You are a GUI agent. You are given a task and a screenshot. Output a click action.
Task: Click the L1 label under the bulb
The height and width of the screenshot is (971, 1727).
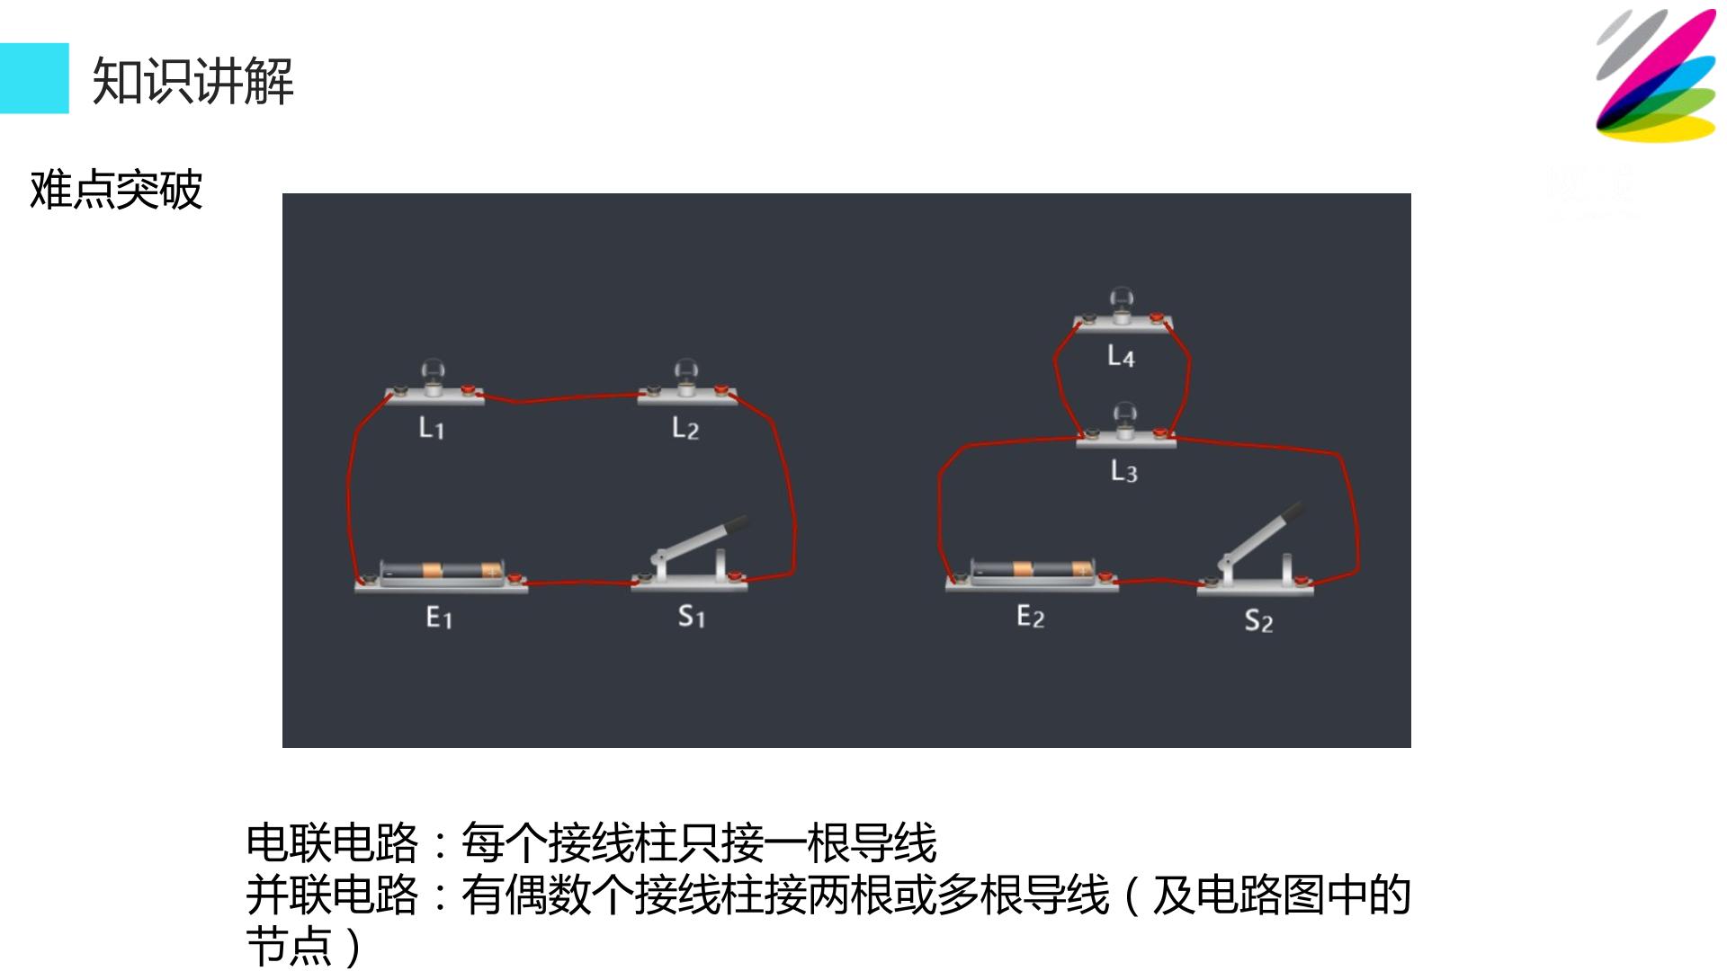432,428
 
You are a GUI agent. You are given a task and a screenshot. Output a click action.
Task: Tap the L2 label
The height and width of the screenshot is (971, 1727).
685,428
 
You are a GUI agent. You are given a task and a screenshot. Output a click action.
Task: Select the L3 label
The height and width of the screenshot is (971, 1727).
1124,471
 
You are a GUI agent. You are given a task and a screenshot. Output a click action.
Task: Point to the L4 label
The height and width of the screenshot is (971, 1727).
1121,356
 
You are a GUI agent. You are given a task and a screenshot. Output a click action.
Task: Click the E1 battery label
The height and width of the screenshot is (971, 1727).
439,617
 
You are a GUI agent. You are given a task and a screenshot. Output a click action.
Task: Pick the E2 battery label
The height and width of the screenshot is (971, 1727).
1031,616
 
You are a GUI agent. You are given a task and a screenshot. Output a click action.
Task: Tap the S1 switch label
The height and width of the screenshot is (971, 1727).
692,616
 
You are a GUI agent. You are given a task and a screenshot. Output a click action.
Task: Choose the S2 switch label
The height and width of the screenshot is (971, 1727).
1259,620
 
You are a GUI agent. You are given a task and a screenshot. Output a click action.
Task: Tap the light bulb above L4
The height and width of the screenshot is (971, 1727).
1122,303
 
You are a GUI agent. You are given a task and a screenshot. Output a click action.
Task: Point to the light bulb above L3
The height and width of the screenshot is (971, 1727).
1124,419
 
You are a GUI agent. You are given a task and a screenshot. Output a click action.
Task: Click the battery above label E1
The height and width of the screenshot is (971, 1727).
441,571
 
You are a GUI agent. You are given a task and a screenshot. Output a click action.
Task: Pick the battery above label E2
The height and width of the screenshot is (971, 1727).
1033,569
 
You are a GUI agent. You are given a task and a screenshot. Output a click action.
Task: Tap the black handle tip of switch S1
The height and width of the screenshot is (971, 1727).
735,522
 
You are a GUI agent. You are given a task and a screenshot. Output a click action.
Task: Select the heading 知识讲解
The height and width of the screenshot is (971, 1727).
193,81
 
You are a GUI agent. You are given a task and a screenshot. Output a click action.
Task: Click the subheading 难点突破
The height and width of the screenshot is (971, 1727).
116,190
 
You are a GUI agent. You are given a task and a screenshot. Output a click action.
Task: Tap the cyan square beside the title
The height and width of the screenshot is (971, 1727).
34,78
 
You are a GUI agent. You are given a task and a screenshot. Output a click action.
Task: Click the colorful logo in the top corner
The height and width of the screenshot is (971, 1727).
1656,76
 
